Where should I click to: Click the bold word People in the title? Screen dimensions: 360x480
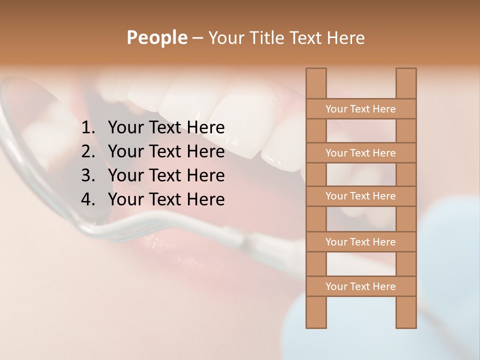click(156, 37)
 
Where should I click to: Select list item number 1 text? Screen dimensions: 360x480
click(166, 128)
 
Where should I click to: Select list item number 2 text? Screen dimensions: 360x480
click(166, 151)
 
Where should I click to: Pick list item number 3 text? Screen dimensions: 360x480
click(166, 175)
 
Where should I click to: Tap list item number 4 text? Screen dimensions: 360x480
click(166, 199)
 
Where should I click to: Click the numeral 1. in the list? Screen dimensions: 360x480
click(88, 128)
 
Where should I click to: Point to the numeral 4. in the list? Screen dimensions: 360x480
click(88, 199)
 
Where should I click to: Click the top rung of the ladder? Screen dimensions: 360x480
click(360, 109)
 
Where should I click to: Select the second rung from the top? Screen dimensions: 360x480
click(360, 153)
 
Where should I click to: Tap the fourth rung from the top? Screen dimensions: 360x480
click(360, 242)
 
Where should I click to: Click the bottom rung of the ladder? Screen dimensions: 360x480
click(360, 286)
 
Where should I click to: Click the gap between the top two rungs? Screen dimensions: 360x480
click(361, 131)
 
